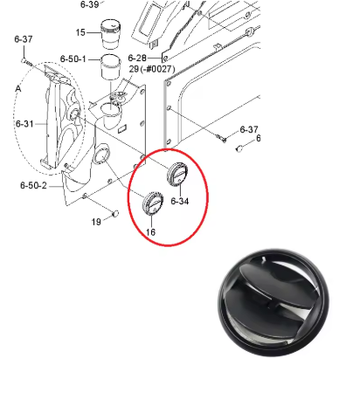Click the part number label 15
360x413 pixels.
pyautogui.click(x=80, y=32)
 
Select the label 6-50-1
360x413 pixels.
pyautogui.click(x=73, y=59)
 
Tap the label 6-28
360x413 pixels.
pyautogui.click(x=137, y=58)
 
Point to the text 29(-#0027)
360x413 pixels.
pyautogui.click(x=152, y=69)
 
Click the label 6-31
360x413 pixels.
pyautogui.click(x=24, y=124)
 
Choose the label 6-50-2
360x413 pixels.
pyautogui.click(x=33, y=185)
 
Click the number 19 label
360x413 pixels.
pyautogui.click(x=96, y=222)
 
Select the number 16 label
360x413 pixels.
pyautogui.click(x=150, y=232)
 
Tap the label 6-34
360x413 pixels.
pyautogui.click(x=180, y=201)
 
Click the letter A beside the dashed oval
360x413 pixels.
pyautogui.click(x=18, y=88)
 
